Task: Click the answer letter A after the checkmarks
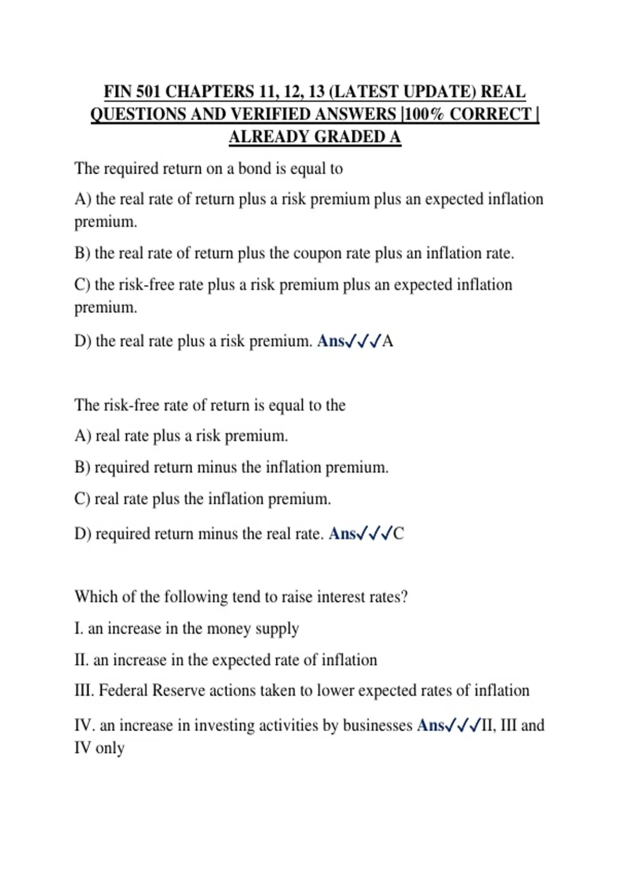click(387, 341)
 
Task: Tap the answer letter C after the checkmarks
click(398, 534)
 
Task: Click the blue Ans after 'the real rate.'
click(342, 534)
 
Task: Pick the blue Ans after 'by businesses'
click(430, 725)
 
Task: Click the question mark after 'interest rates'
click(404, 597)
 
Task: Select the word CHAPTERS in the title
click(209, 91)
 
